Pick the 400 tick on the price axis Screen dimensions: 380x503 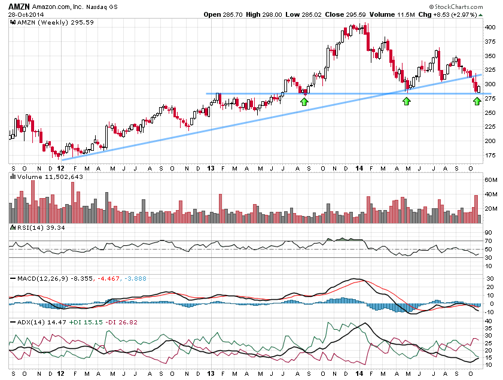tap(490, 28)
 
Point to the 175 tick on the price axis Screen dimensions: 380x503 tap(490, 156)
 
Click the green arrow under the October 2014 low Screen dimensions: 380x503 tap(477, 102)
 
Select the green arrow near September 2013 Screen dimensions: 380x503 tap(304, 102)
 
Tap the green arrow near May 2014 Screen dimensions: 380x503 tap(407, 102)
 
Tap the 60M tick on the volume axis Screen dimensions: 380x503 tap(492, 180)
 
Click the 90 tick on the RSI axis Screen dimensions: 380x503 tap(488, 232)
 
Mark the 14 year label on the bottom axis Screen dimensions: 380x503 tap(356, 373)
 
